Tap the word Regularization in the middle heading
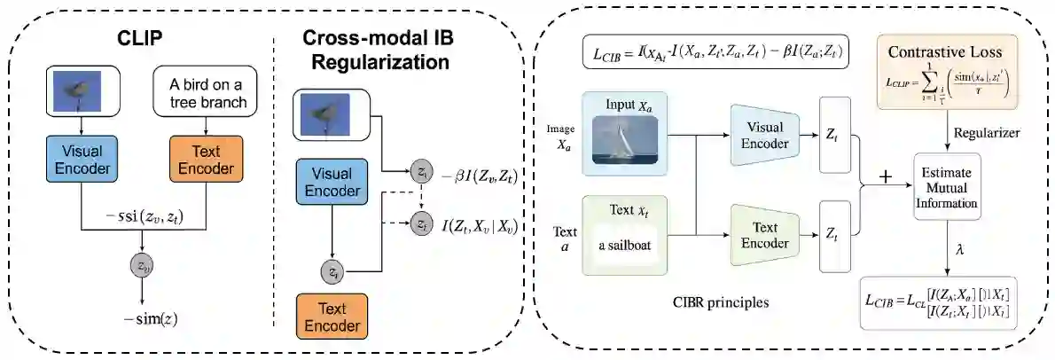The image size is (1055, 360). [375, 63]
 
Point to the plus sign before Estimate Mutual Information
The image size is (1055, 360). [884, 176]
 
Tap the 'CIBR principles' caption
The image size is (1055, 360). [718, 302]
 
